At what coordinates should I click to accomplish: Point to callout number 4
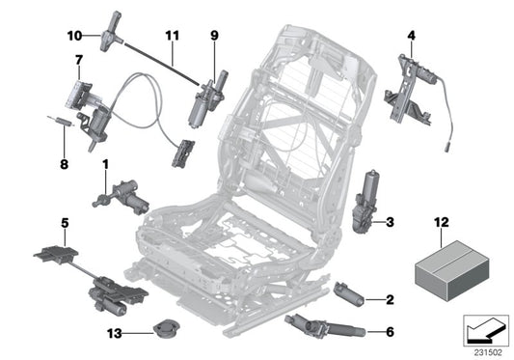(411, 37)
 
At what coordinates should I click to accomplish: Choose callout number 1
(104, 165)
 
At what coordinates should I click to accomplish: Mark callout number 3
(390, 223)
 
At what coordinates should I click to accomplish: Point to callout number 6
(390, 331)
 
